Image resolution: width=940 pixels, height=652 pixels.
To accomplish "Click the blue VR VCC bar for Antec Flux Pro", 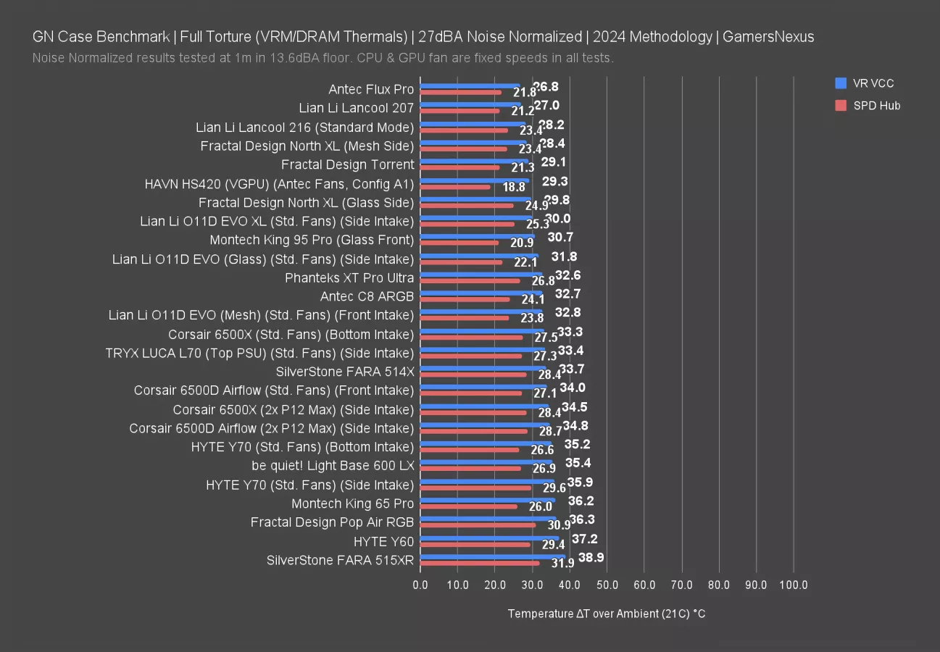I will pyautogui.click(x=470, y=85).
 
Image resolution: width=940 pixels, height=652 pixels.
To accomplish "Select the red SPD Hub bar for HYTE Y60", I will pyautogui.click(x=475, y=545).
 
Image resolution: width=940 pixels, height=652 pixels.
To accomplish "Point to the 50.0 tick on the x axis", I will pyautogui.click(x=607, y=585).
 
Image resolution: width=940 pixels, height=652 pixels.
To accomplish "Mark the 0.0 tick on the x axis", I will pyautogui.click(x=420, y=585).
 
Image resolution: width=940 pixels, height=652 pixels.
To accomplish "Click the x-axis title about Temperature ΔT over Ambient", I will pyautogui.click(x=607, y=614).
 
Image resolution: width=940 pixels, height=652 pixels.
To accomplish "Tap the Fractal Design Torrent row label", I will pyautogui.click(x=347, y=164).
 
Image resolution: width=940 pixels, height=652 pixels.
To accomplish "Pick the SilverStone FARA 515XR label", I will pyautogui.click(x=340, y=560).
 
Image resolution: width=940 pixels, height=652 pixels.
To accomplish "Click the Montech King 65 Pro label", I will pyautogui.click(x=352, y=503).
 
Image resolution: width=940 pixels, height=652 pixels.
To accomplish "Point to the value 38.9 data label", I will pyautogui.click(x=591, y=556).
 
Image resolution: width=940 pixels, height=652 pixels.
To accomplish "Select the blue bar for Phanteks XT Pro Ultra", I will pyautogui.click(x=481, y=274).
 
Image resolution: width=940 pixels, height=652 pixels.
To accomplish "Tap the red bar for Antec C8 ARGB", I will pyautogui.click(x=465, y=299).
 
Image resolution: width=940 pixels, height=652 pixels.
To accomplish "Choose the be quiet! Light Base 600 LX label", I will pyautogui.click(x=333, y=466).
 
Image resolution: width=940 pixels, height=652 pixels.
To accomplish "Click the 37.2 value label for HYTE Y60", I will pyautogui.click(x=584, y=538).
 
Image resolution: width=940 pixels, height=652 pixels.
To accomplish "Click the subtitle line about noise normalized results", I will pyautogui.click(x=323, y=58).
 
